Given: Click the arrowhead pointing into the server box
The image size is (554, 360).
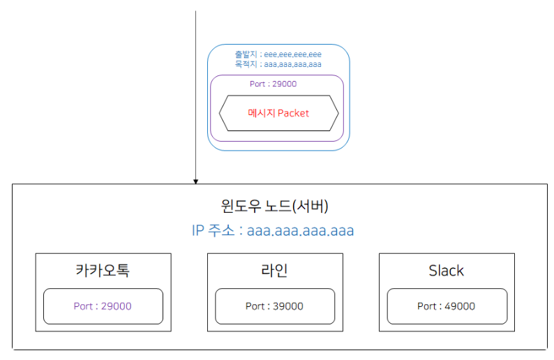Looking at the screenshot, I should (196, 181).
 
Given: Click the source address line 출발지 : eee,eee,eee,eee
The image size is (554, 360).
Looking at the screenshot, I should (278, 54).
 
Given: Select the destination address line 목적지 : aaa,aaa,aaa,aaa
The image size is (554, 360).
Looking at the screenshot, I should (278, 64).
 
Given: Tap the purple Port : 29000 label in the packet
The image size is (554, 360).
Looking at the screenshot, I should (273, 84).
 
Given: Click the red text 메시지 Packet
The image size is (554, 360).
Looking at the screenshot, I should (278, 113).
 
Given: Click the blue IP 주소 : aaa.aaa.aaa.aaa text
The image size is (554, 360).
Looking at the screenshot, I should (272, 230).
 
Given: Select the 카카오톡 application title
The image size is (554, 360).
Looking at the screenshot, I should (103, 271).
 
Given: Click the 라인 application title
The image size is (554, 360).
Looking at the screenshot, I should (275, 271).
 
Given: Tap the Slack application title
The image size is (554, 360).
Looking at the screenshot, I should (447, 271).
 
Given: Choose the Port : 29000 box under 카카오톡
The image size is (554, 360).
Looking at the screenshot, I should (103, 306).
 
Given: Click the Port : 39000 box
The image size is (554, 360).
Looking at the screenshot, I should (274, 306).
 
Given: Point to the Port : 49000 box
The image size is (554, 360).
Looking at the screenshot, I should (447, 306).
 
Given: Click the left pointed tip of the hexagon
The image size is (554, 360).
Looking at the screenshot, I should (220, 113).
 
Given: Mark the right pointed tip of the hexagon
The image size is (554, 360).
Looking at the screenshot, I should (338, 113).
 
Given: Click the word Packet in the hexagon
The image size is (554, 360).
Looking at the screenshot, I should (293, 113).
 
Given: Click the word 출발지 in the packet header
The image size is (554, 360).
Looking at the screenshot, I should (245, 54).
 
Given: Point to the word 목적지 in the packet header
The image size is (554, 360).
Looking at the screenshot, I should (245, 64).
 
